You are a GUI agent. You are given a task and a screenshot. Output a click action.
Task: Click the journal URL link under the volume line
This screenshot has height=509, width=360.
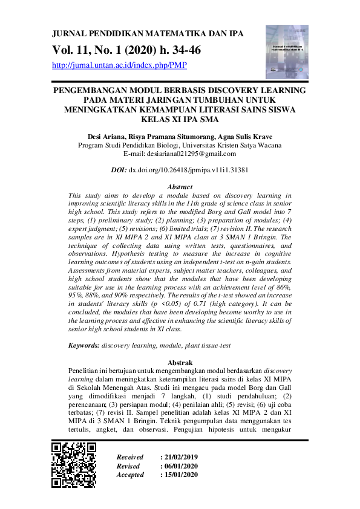120,65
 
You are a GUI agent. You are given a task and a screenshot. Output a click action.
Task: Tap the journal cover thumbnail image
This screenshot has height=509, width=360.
287,52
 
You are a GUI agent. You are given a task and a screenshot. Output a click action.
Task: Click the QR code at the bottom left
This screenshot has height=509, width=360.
74,465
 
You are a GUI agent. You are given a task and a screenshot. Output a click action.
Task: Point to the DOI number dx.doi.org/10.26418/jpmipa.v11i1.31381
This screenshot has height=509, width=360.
189,171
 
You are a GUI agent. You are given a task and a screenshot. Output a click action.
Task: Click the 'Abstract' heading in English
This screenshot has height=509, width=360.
180,187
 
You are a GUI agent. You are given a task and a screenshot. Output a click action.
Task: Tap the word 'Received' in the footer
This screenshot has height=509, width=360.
130,457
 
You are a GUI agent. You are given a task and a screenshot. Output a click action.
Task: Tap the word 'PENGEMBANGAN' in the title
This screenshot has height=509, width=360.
91,90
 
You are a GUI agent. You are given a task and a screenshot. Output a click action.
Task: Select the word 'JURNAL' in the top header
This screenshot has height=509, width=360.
69,34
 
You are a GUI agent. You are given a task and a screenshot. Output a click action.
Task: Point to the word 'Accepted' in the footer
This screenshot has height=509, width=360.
130,475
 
